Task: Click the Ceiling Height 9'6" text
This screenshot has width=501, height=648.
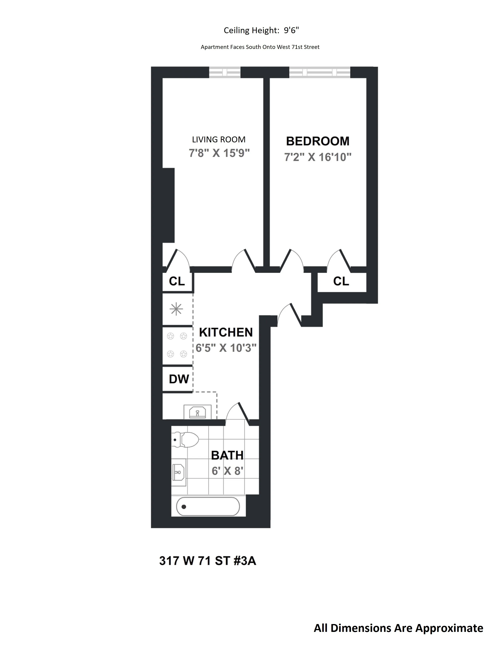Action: click(261, 30)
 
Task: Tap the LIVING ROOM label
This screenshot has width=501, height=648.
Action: click(219, 139)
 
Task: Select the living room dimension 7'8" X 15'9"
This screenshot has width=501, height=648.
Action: click(219, 153)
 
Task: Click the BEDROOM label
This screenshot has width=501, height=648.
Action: click(317, 141)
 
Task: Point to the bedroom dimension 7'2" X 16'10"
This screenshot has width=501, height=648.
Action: click(317, 157)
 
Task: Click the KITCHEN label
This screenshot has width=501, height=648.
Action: click(226, 332)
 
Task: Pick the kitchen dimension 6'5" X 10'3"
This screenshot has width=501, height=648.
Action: click(226, 348)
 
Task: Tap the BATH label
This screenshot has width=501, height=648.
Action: click(227, 455)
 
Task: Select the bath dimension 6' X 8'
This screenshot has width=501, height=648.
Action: click(227, 471)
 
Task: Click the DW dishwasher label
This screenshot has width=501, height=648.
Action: click(179, 379)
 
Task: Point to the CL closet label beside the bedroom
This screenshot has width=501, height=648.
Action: click(341, 281)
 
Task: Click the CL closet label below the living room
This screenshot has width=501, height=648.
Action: click(177, 281)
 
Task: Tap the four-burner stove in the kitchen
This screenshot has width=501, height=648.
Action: click(177, 345)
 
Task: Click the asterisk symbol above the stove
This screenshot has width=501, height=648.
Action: click(176, 309)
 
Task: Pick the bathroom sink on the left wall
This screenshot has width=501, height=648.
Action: click(179, 472)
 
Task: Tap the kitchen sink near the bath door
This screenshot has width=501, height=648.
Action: click(197, 412)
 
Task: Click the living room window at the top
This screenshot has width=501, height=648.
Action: click(225, 72)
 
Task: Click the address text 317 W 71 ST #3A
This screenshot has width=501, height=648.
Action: click(207, 561)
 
